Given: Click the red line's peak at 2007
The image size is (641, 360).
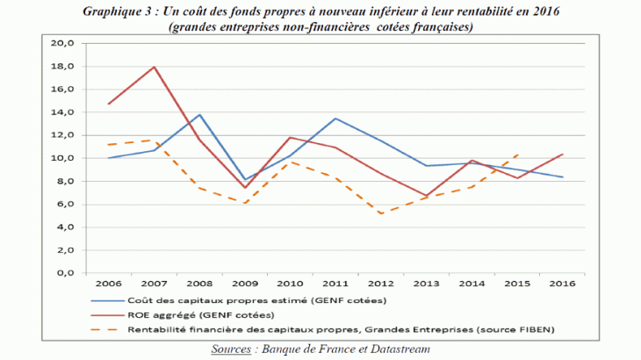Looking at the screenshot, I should (155, 67).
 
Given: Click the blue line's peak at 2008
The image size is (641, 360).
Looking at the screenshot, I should (200, 114).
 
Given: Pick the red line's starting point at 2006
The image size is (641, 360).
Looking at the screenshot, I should (109, 104).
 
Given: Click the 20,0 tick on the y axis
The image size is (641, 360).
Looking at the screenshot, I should (64, 43).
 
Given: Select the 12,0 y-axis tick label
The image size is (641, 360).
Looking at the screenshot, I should (64, 135).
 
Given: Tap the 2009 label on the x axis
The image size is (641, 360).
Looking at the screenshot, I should (246, 284).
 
